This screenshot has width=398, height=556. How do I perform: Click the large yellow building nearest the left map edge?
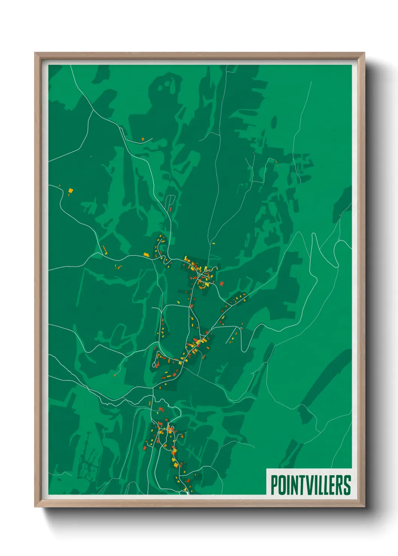(70, 192)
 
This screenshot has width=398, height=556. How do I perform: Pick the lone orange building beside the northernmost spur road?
(143, 139)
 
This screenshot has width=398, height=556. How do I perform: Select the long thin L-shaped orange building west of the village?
(105, 250)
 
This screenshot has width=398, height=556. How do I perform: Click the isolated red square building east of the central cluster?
(222, 283)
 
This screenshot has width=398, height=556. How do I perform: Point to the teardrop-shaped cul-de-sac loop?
(154, 364)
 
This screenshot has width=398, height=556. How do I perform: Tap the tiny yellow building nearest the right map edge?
(340, 215)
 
